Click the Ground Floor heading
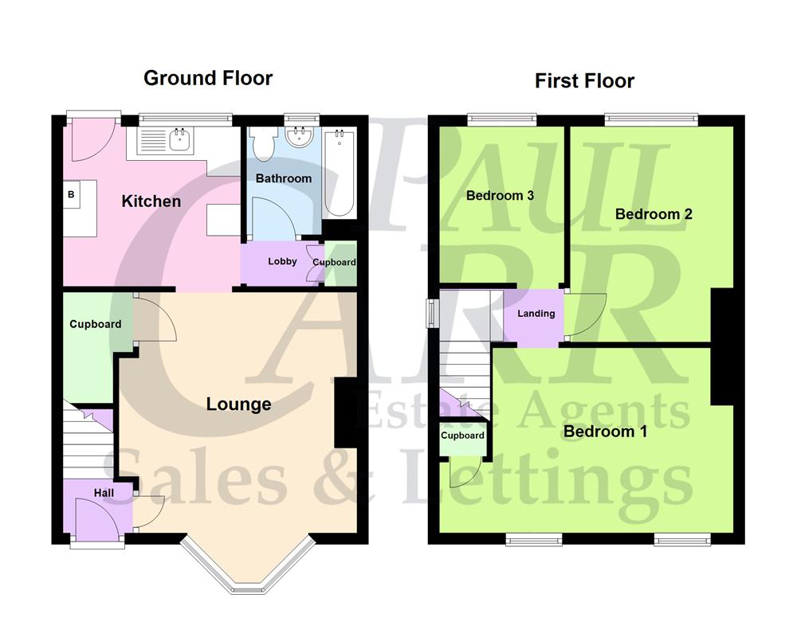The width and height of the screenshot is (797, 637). coord(208,78)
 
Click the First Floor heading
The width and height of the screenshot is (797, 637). coord(584,80)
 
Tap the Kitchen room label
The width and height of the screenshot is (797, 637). coord(151,201)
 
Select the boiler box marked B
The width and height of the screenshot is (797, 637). coord(71,194)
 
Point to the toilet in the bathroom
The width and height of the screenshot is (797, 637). coord(262,145)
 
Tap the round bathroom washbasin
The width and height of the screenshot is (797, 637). coord(300,137)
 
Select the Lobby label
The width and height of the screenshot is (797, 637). coord(282,261)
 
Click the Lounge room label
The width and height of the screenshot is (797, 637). coord(238,404)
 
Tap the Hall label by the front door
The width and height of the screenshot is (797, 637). coord(104,494)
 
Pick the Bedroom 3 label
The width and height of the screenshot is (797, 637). coord(500,196)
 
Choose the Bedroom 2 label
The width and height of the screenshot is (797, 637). coord(654,214)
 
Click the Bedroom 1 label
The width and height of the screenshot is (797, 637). coord(605,432)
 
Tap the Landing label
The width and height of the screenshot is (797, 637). coord(536,314)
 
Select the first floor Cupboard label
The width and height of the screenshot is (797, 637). coord(462,436)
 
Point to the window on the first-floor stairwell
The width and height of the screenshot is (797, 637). coord(432,313)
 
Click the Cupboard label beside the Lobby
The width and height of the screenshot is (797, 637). coord(334,262)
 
